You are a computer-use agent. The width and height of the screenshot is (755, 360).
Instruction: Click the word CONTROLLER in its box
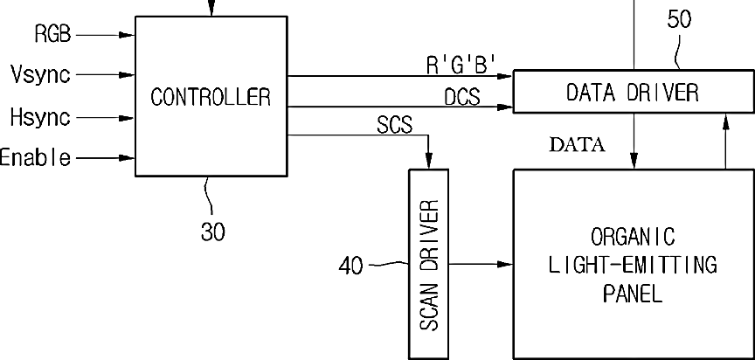(x=211, y=96)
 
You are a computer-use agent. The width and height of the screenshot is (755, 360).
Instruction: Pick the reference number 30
(x=213, y=232)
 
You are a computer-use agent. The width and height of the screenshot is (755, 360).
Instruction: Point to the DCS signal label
(x=462, y=96)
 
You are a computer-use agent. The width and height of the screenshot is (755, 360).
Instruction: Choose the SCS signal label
(x=395, y=124)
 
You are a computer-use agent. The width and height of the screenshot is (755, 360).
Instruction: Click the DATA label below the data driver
(x=577, y=145)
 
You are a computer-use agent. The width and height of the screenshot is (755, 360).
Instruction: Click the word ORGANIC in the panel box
(x=633, y=237)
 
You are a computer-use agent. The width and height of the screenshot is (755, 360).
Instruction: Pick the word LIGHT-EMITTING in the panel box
(x=633, y=265)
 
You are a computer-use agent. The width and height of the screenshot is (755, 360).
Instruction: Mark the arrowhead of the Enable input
(x=130, y=158)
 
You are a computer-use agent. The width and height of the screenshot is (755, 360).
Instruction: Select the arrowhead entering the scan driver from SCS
(x=428, y=161)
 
